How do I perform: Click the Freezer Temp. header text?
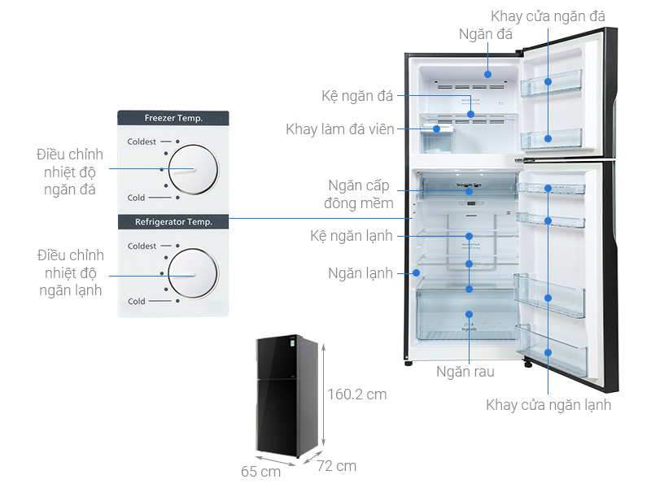pos(173,118)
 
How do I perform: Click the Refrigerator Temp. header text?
pos(173,221)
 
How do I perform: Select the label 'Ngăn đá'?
pos(486,34)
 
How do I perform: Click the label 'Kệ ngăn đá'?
pos(357,96)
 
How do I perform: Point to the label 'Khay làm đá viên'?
pos(339,129)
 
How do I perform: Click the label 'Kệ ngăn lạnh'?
pos(352,236)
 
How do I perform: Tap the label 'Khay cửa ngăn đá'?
pos(548,16)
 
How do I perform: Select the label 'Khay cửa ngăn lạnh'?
pos(548,404)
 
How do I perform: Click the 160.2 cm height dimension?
pos(357,394)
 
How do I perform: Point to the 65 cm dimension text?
pos(260,471)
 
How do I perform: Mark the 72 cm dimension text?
pos(336,466)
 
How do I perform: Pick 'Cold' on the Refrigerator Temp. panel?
pos(137,301)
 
